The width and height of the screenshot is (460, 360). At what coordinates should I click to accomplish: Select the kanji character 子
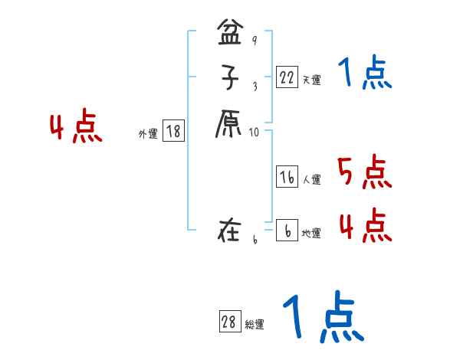point(228,80)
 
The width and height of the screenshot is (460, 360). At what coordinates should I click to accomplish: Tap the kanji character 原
point(228,124)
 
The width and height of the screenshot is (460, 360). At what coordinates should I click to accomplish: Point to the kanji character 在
point(229,230)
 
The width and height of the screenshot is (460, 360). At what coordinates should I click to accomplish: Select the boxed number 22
point(287,77)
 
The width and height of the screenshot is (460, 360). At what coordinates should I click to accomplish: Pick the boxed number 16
point(287,178)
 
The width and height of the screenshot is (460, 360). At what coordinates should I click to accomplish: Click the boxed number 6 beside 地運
point(287,231)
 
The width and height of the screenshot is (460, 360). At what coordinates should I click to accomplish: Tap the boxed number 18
point(173,132)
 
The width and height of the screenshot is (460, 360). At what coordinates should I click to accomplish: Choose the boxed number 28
point(229,322)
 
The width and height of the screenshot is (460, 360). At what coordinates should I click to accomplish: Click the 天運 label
point(311,80)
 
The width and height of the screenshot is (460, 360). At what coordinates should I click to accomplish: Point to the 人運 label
point(311,180)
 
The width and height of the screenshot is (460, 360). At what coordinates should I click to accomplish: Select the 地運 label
point(311,233)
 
